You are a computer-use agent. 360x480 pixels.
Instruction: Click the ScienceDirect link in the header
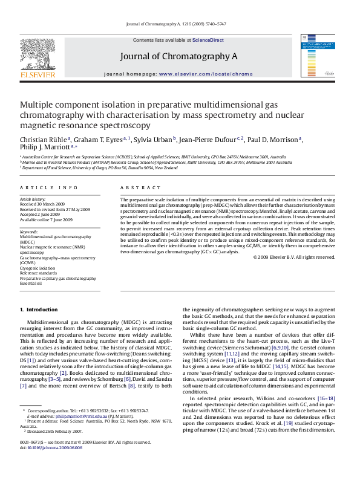pyautogui.click(x=208, y=40)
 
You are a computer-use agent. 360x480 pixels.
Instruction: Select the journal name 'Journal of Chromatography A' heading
pyautogui.click(x=178, y=56)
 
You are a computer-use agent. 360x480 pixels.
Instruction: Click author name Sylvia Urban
pyautogui.click(x=154, y=140)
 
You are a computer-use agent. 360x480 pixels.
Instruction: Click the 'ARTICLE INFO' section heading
pyautogui.click(x=48, y=188)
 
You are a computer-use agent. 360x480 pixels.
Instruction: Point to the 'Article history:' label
pyautogui.click(x=33, y=199)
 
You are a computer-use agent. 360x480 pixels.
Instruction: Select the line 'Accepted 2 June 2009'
pyautogui.click(x=40, y=214)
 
